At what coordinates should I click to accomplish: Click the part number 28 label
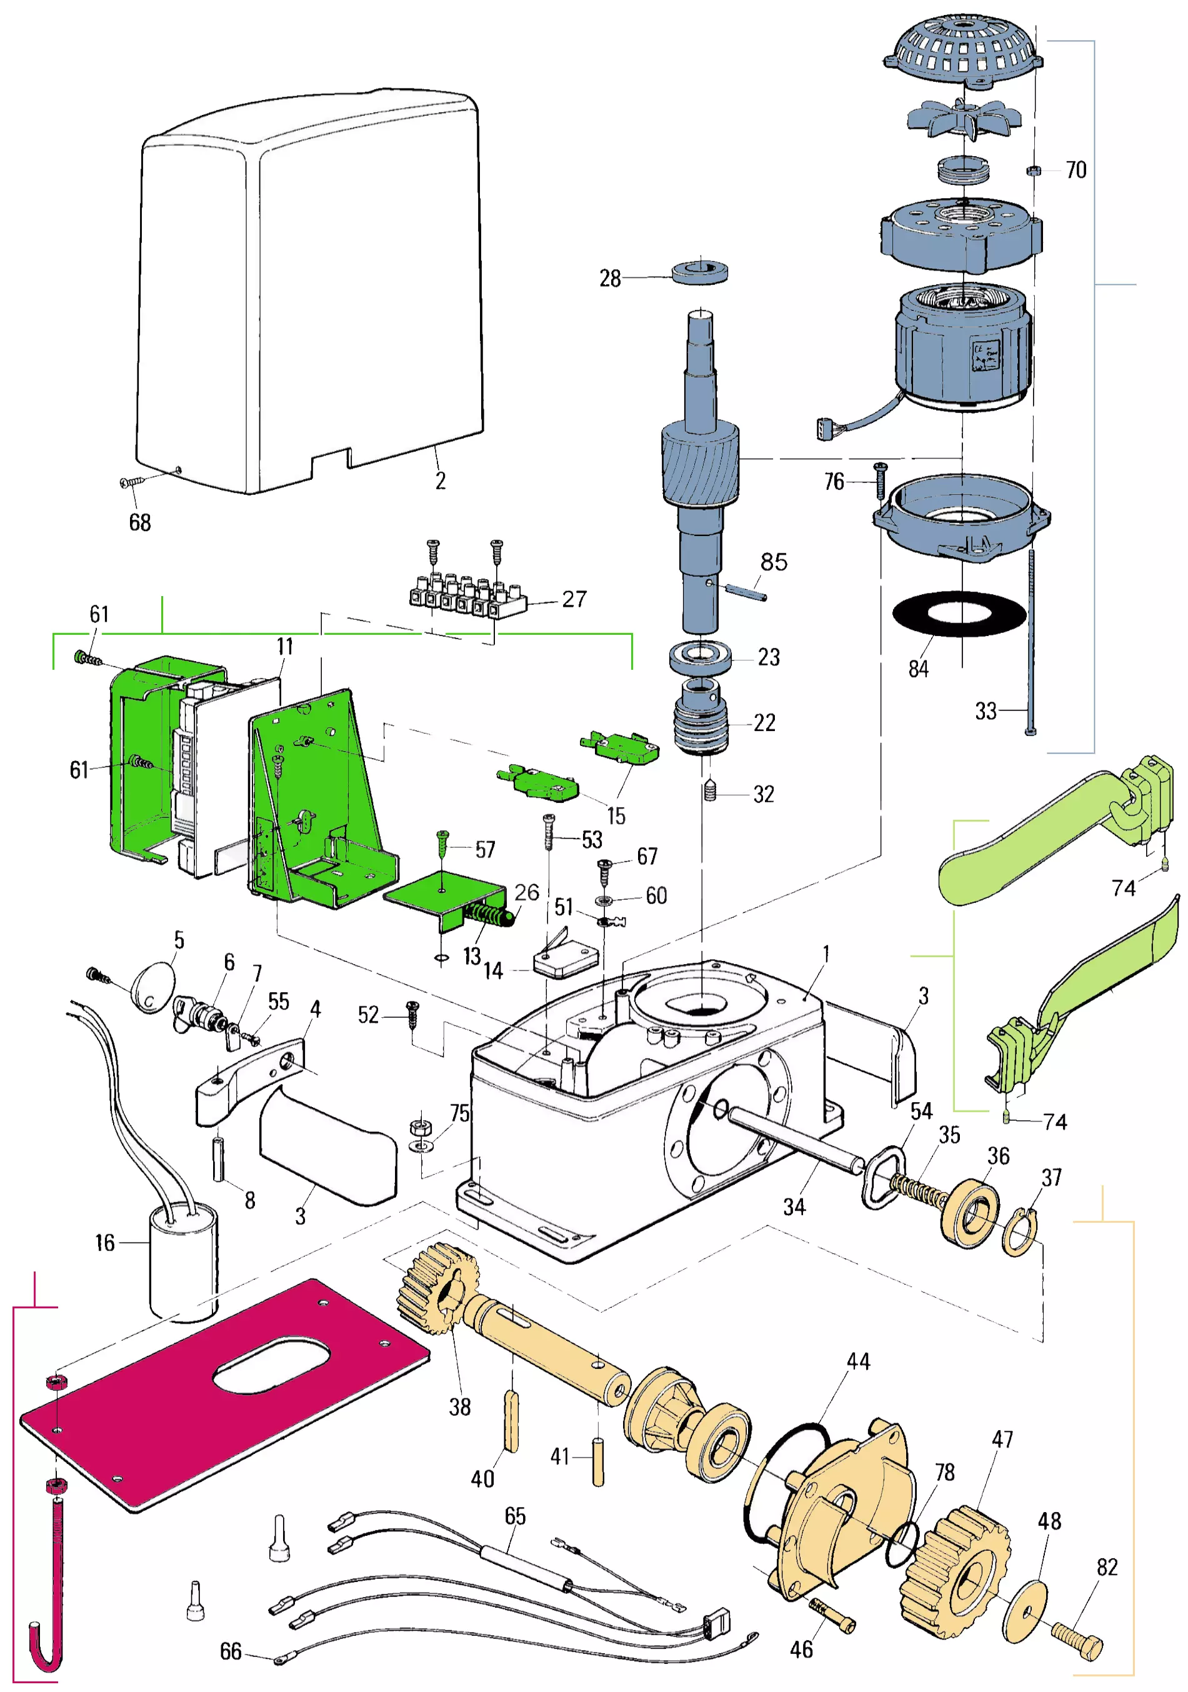[x=609, y=279]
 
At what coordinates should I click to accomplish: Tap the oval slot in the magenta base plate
[x=271, y=1367]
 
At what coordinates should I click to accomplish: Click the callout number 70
[x=1076, y=170]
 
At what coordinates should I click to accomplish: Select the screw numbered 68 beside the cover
[x=131, y=482]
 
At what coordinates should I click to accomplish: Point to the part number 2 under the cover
[x=440, y=480]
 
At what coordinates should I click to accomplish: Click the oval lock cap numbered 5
[x=153, y=987]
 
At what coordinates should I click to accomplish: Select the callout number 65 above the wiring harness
[x=515, y=1516]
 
